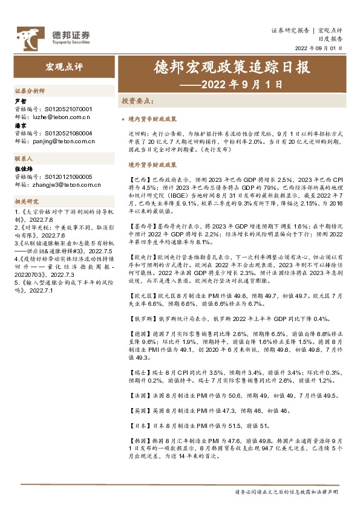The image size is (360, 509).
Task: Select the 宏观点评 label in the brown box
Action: tap(61, 65)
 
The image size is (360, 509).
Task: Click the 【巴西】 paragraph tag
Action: tap(139, 180)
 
